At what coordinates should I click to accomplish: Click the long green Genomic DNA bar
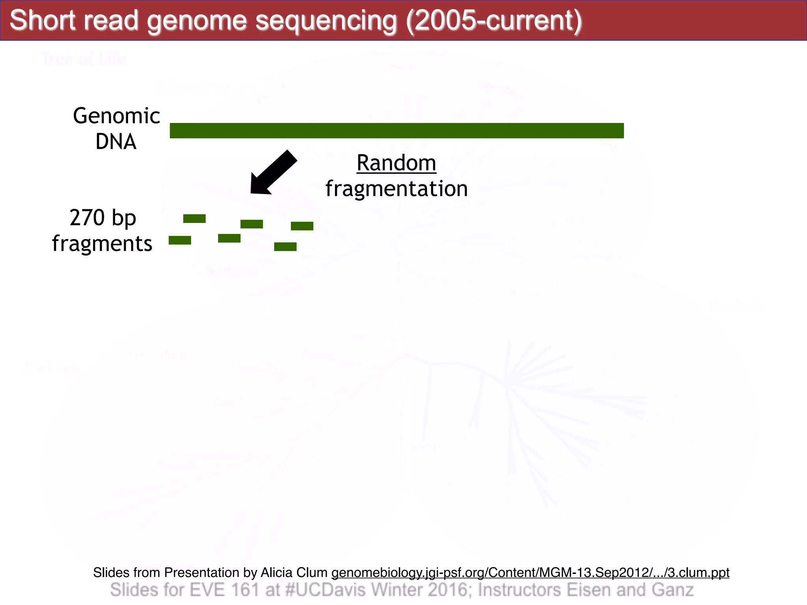(x=396, y=130)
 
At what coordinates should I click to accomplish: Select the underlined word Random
(x=396, y=163)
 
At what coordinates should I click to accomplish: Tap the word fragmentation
(x=396, y=188)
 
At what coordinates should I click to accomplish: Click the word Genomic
(x=116, y=116)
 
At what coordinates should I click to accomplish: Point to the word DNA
(x=116, y=141)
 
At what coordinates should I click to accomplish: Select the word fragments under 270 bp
(x=102, y=243)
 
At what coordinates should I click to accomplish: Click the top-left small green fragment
(x=194, y=219)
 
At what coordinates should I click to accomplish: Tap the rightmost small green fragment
(x=302, y=226)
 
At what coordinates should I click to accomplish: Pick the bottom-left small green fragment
(x=180, y=240)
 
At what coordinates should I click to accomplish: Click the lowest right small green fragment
(x=285, y=247)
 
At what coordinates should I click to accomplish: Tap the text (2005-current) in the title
(x=494, y=20)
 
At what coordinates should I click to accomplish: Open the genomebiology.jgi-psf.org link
(x=530, y=572)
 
